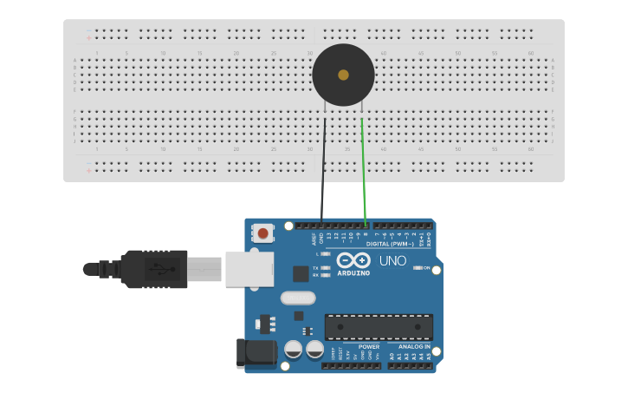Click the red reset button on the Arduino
262,233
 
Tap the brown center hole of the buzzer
344,75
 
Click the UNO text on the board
392,260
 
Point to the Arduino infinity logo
353,260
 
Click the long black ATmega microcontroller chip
379,327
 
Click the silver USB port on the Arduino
249,269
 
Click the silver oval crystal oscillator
298,298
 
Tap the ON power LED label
426,267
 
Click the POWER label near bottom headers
369,346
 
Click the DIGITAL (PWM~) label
389,244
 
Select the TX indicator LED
325,268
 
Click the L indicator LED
325,253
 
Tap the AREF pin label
314,239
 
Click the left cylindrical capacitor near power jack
294,350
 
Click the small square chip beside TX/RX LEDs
300,273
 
